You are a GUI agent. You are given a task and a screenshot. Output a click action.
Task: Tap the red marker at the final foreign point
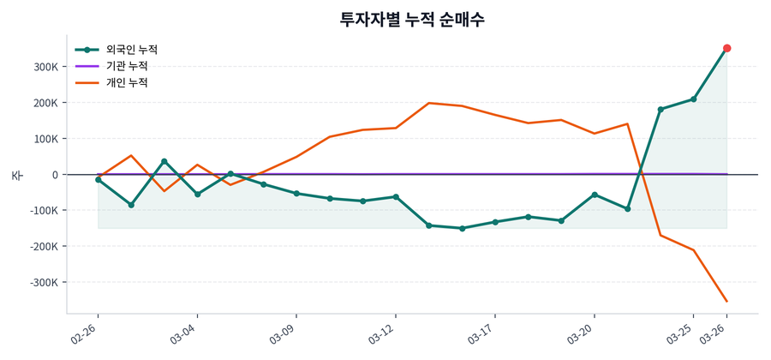point(726,48)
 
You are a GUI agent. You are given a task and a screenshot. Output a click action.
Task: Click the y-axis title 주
point(16,175)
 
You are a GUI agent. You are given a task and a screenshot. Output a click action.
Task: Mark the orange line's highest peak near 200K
point(428,103)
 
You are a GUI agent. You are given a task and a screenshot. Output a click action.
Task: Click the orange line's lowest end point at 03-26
point(726,301)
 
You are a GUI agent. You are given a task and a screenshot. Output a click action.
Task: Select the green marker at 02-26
point(98,180)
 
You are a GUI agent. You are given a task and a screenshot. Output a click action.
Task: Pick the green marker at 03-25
point(693,99)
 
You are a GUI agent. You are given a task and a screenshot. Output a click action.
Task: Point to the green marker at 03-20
point(595,195)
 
